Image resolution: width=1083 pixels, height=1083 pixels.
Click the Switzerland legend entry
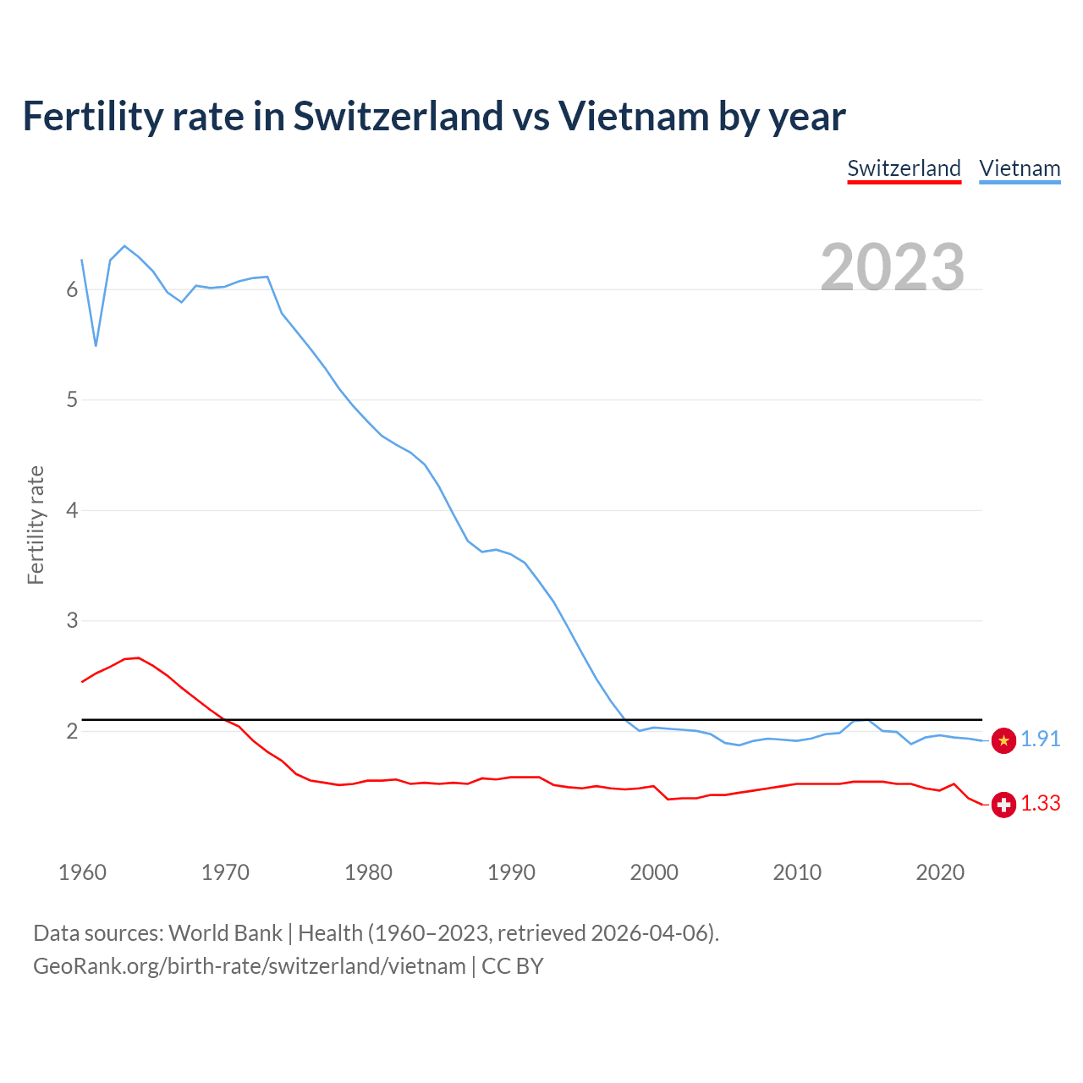pos(904,168)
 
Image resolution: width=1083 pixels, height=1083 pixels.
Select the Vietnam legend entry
pos(1020,168)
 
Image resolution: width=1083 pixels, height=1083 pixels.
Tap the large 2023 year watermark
pos(893,267)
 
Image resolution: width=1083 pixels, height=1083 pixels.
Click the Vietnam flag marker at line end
pos(1003,740)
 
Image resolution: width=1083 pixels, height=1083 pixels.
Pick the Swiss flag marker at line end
pos(1003,805)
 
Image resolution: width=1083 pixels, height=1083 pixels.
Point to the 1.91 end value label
pos(1040,739)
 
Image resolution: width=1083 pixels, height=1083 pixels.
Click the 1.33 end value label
pos(1040,804)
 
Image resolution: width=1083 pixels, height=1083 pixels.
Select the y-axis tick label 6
pos(72,290)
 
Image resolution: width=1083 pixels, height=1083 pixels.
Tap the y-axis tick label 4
pos(72,511)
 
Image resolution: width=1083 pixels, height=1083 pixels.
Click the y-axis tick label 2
pos(72,732)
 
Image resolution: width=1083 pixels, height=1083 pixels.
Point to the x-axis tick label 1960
pos(82,872)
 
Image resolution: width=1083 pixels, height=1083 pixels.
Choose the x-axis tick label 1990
pos(511,872)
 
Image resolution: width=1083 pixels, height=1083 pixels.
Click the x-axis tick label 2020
pos(940,872)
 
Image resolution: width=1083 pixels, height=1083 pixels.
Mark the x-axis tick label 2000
pos(654,872)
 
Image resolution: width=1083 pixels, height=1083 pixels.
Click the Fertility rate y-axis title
pos(36,525)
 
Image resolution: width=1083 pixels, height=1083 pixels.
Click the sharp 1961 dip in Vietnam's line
pos(96,345)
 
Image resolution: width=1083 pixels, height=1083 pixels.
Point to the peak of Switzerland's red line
pos(138,657)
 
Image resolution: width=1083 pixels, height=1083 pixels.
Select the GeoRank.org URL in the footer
pos(250,966)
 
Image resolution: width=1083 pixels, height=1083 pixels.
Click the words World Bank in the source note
pos(225,933)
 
